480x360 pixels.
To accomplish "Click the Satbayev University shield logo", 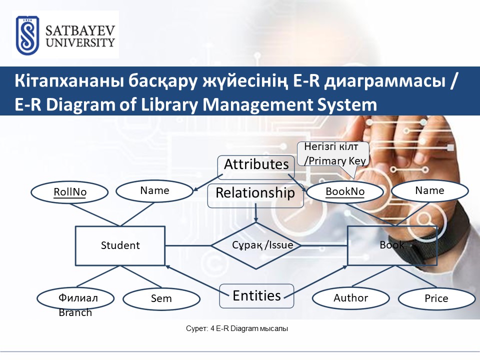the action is [27, 35].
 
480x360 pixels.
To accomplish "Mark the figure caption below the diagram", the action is [237, 329].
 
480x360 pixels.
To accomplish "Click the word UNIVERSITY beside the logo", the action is [80, 42].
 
